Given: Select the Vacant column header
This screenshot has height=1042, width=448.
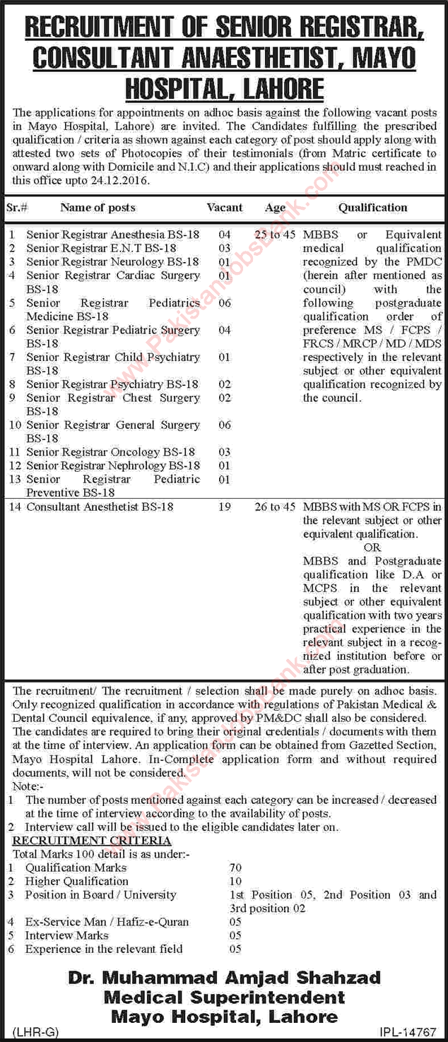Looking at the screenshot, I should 225,208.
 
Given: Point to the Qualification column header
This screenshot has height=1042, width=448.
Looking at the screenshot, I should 372,208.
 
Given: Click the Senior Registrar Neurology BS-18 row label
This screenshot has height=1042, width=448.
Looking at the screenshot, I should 112,261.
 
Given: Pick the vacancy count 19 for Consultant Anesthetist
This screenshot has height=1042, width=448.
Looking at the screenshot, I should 224,507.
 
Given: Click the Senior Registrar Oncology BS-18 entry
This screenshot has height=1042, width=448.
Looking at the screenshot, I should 110,452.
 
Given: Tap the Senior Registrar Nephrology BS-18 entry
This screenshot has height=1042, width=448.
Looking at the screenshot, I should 113,466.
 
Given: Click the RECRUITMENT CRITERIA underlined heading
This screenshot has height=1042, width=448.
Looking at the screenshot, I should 92,841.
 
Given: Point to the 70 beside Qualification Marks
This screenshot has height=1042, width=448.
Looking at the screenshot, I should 235,868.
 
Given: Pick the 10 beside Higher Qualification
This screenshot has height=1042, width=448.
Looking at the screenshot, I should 235,881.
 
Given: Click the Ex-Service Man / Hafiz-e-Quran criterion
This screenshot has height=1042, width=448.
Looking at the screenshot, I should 107,922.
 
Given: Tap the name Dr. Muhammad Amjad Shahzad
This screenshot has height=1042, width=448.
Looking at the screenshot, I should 224,978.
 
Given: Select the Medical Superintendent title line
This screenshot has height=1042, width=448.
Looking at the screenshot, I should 224,997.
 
